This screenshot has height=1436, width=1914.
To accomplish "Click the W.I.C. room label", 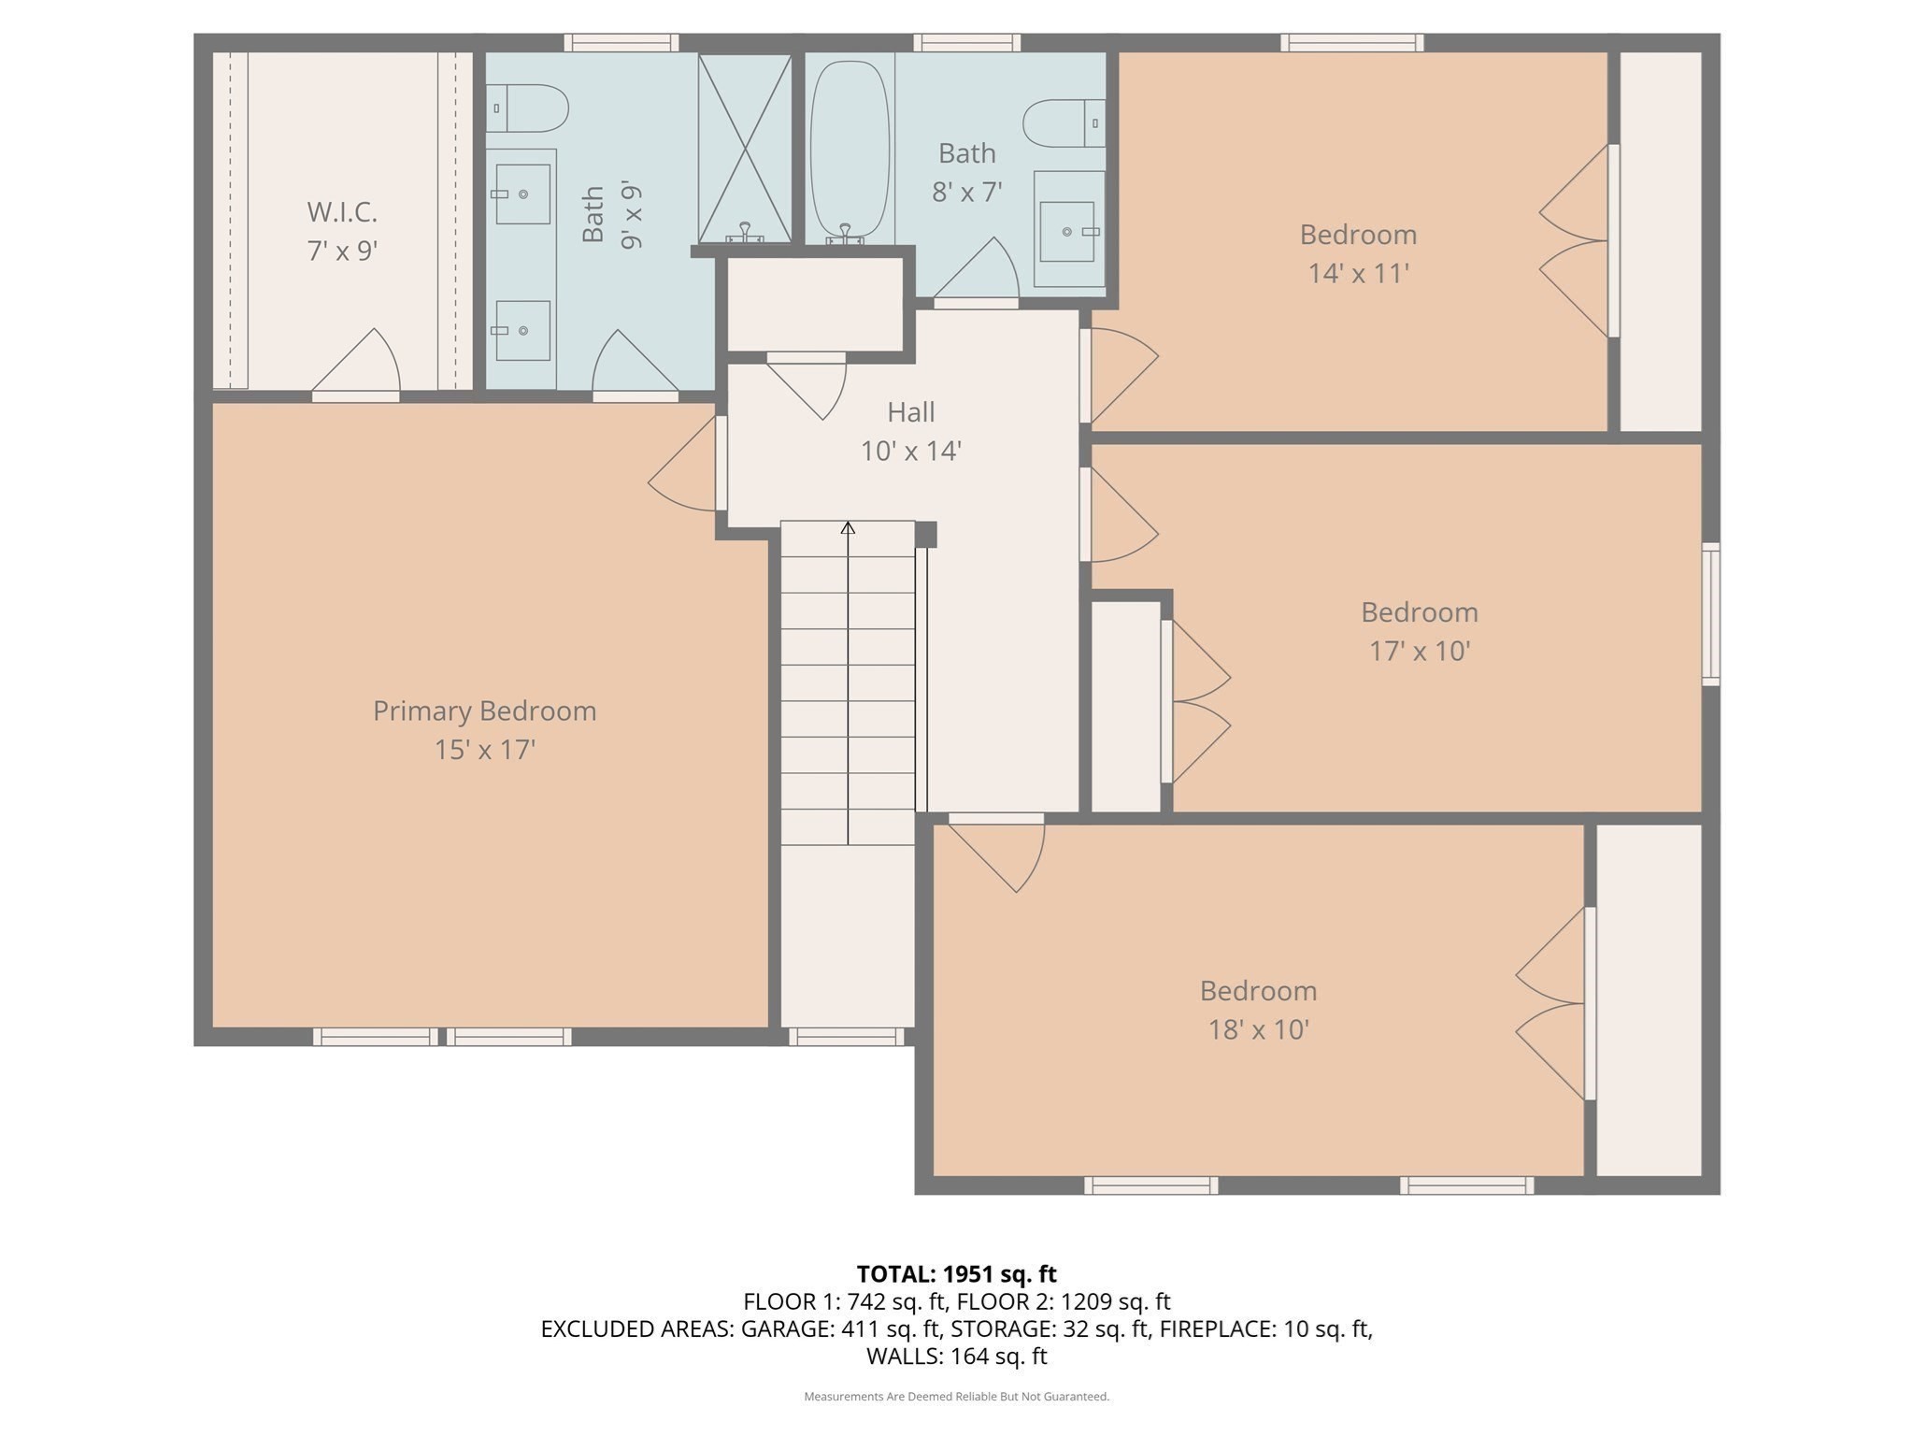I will (342, 212).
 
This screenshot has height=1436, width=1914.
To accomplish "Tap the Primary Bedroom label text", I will (484, 711).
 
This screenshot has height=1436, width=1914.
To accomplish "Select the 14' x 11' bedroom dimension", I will (1358, 274).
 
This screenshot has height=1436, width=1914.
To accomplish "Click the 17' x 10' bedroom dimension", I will (1420, 652).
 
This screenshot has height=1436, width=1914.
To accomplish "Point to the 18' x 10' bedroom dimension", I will (1258, 1030).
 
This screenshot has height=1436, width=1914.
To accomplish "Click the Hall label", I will (910, 412).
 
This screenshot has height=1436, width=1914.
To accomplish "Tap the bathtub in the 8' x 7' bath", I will (850, 150).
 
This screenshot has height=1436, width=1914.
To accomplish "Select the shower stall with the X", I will (745, 148).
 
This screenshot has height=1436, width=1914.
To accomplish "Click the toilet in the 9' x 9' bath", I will (528, 108).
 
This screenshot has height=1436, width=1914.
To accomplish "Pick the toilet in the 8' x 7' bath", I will (1064, 123).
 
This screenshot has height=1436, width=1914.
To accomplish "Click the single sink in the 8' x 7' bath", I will (1067, 231).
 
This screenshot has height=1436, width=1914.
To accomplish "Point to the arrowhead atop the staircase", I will (848, 528).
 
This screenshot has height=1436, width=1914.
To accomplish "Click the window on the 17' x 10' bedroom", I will (1710, 613).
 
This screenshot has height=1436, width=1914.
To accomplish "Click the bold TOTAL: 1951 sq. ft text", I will (956, 1274).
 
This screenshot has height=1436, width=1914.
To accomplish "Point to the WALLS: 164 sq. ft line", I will (956, 1356).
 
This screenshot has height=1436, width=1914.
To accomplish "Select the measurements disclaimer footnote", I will (956, 1397).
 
